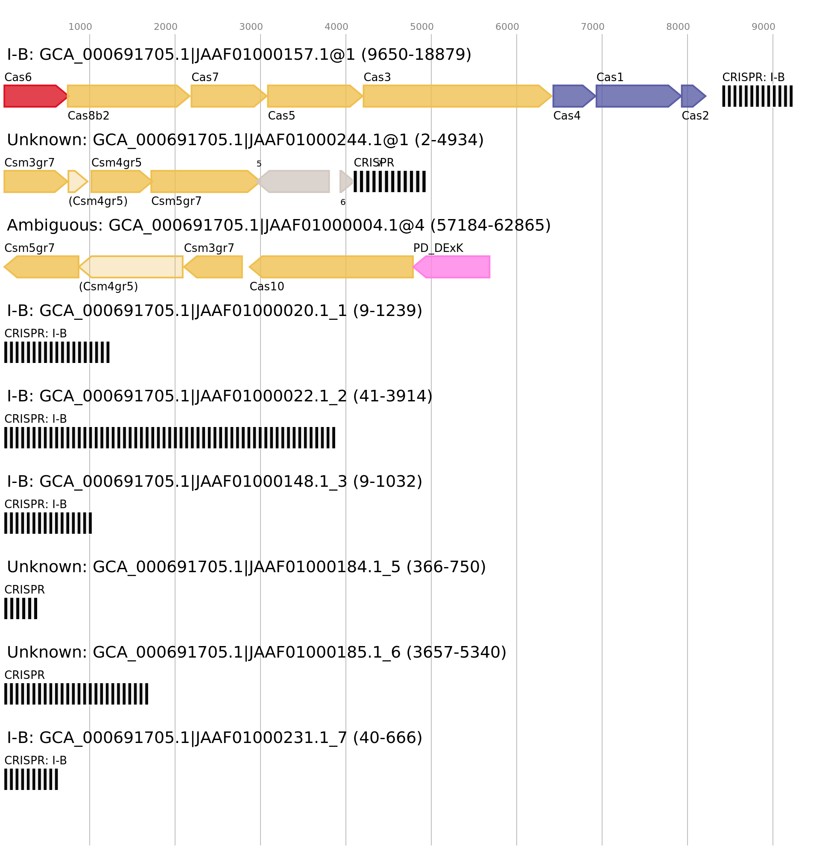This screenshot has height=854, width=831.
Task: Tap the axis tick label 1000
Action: click(80, 27)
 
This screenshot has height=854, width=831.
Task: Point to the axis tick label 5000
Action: click(421, 27)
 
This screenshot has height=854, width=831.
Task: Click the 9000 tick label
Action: click(763, 27)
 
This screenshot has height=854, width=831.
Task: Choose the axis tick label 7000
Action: click(592, 27)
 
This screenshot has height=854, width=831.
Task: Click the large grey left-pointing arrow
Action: click(294, 181)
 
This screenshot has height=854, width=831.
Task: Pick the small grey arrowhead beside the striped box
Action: click(345, 181)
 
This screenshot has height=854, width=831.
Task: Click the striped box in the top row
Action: click(757, 96)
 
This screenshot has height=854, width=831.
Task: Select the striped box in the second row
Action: click(389, 181)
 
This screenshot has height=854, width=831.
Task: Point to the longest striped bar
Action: click(170, 437)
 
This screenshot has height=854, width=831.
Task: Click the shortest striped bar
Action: click(20, 608)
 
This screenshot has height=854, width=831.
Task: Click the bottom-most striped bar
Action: click(31, 779)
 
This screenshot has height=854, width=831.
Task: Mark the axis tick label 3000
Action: click(251, 27)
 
